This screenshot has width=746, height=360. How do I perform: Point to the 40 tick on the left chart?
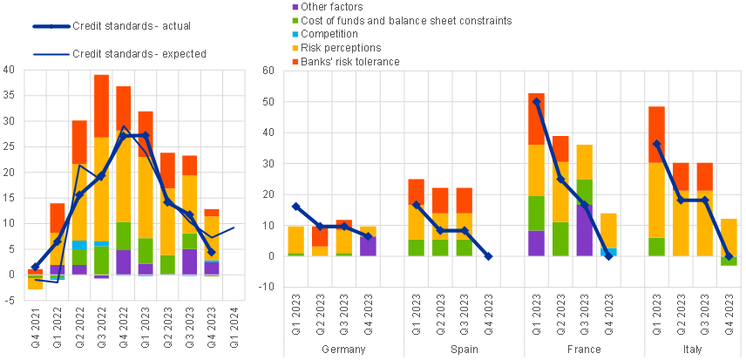point(9,70)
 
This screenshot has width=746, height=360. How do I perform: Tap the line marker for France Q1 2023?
point(537,101)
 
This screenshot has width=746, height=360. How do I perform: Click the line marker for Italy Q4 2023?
point(728,256)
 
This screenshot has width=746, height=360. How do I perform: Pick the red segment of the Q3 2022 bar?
point(102,105)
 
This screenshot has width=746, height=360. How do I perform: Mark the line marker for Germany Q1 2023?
point(297,207)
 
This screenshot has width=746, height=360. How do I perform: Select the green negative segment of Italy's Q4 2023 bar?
point(728,261)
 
